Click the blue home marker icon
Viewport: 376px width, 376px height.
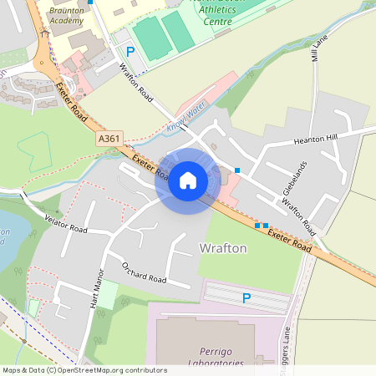tap(187, 180)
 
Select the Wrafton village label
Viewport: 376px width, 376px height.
tap(223, 247)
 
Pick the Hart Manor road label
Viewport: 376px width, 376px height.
tap(95, 289)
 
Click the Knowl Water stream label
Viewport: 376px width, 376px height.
tap(185, 116)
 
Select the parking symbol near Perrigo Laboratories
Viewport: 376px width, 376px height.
tap(246, 298)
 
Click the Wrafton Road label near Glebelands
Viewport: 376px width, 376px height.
tap(298, 215)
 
